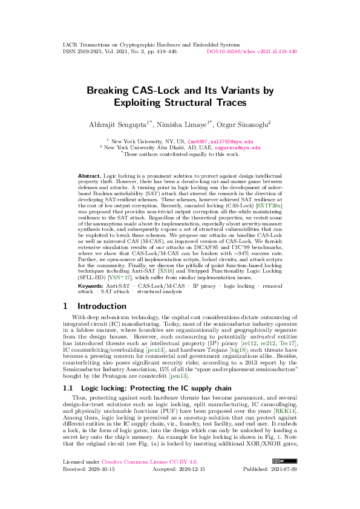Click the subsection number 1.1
(68, 387)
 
